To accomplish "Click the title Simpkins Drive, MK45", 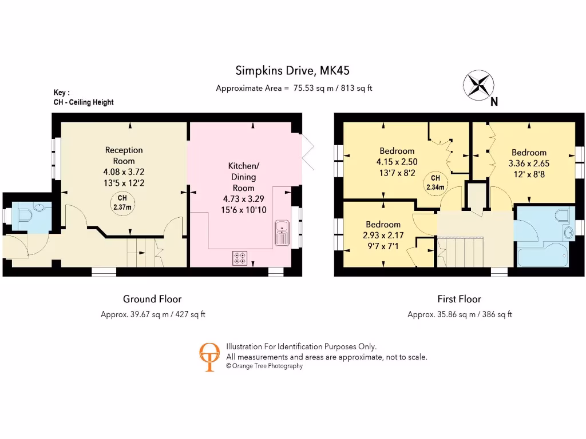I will point(292,71).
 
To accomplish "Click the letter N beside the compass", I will point(494,102).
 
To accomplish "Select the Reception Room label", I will point(124,155).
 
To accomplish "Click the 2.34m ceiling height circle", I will point(435,183).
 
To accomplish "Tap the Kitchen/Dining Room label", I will point(244,177).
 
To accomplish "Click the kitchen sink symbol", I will point(282,233).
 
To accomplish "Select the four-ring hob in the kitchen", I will point(240,258).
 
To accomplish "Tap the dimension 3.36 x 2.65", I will point(529,163).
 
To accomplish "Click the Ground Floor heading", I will point(152,299).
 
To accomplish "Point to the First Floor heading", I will point(459,299).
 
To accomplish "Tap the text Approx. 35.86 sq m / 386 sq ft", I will point(460,314).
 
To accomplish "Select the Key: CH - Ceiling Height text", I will point(84,97).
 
